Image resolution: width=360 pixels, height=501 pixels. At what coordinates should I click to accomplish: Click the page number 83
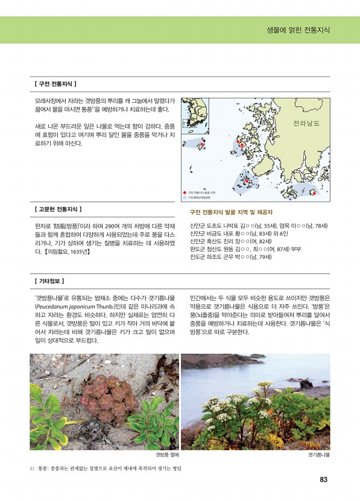click(x=323, y=480)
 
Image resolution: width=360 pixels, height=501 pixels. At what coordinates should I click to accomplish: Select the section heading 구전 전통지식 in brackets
click(x=55, y=84)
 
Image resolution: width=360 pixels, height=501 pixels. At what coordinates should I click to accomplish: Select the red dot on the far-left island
click(x=201, y=145)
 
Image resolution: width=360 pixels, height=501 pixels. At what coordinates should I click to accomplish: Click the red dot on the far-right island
click(x=313, y=193)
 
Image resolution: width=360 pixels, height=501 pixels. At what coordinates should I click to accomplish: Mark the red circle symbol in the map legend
click(x=185, y=192)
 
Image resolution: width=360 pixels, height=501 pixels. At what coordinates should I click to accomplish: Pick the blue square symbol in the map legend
click(x=185, y=197)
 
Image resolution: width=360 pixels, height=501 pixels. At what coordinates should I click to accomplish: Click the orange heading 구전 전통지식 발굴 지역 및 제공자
click(x=231, y=212)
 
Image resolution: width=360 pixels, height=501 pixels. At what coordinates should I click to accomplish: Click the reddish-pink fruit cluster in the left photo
click(x=107, y=398)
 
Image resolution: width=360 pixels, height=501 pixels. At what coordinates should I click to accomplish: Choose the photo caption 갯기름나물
click(x=318, y=453)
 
